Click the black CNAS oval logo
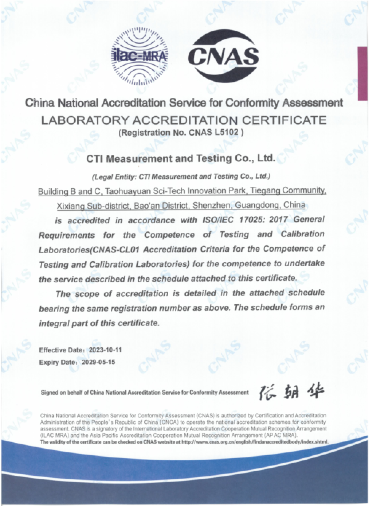223,57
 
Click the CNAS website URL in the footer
255,442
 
